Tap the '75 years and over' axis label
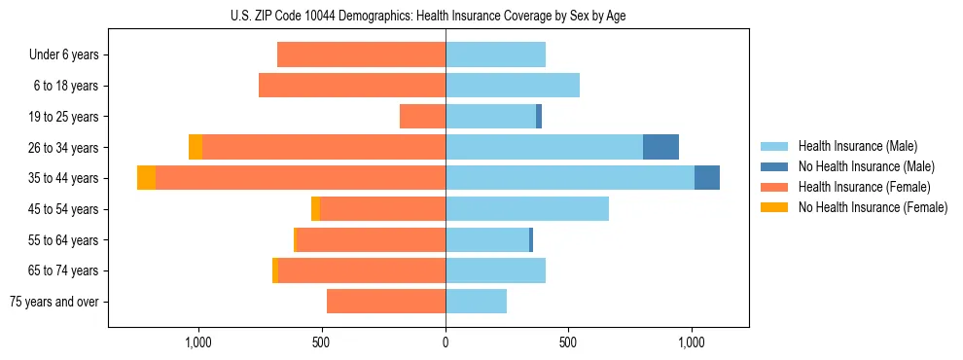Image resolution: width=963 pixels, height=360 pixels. click(x=54, y=302)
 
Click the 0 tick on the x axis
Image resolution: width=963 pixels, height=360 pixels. click(x=446, y=342)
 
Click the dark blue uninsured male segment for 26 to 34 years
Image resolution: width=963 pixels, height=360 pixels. click(x=660, y=147)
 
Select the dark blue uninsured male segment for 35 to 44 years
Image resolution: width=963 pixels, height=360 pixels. click(x=707, y=178)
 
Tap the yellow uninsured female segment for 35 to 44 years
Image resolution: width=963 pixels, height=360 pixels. click(x=146, y=178)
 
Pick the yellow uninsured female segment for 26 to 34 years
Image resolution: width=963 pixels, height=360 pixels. click(x=196, y=147)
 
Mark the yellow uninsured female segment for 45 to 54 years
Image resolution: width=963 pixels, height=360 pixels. click(x=315, y=209)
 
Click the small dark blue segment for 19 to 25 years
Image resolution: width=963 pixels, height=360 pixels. click(x=539, y=117)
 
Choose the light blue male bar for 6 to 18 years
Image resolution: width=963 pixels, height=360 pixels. click(x=513, y=86)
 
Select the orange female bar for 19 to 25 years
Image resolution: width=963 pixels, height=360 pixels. click(x=422, y=117)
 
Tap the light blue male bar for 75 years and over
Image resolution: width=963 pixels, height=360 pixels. click(x=476, y=302)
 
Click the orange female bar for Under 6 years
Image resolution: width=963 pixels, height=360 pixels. click(x=361, y=55)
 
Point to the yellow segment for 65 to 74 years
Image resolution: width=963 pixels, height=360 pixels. click(x=275, y=270)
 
